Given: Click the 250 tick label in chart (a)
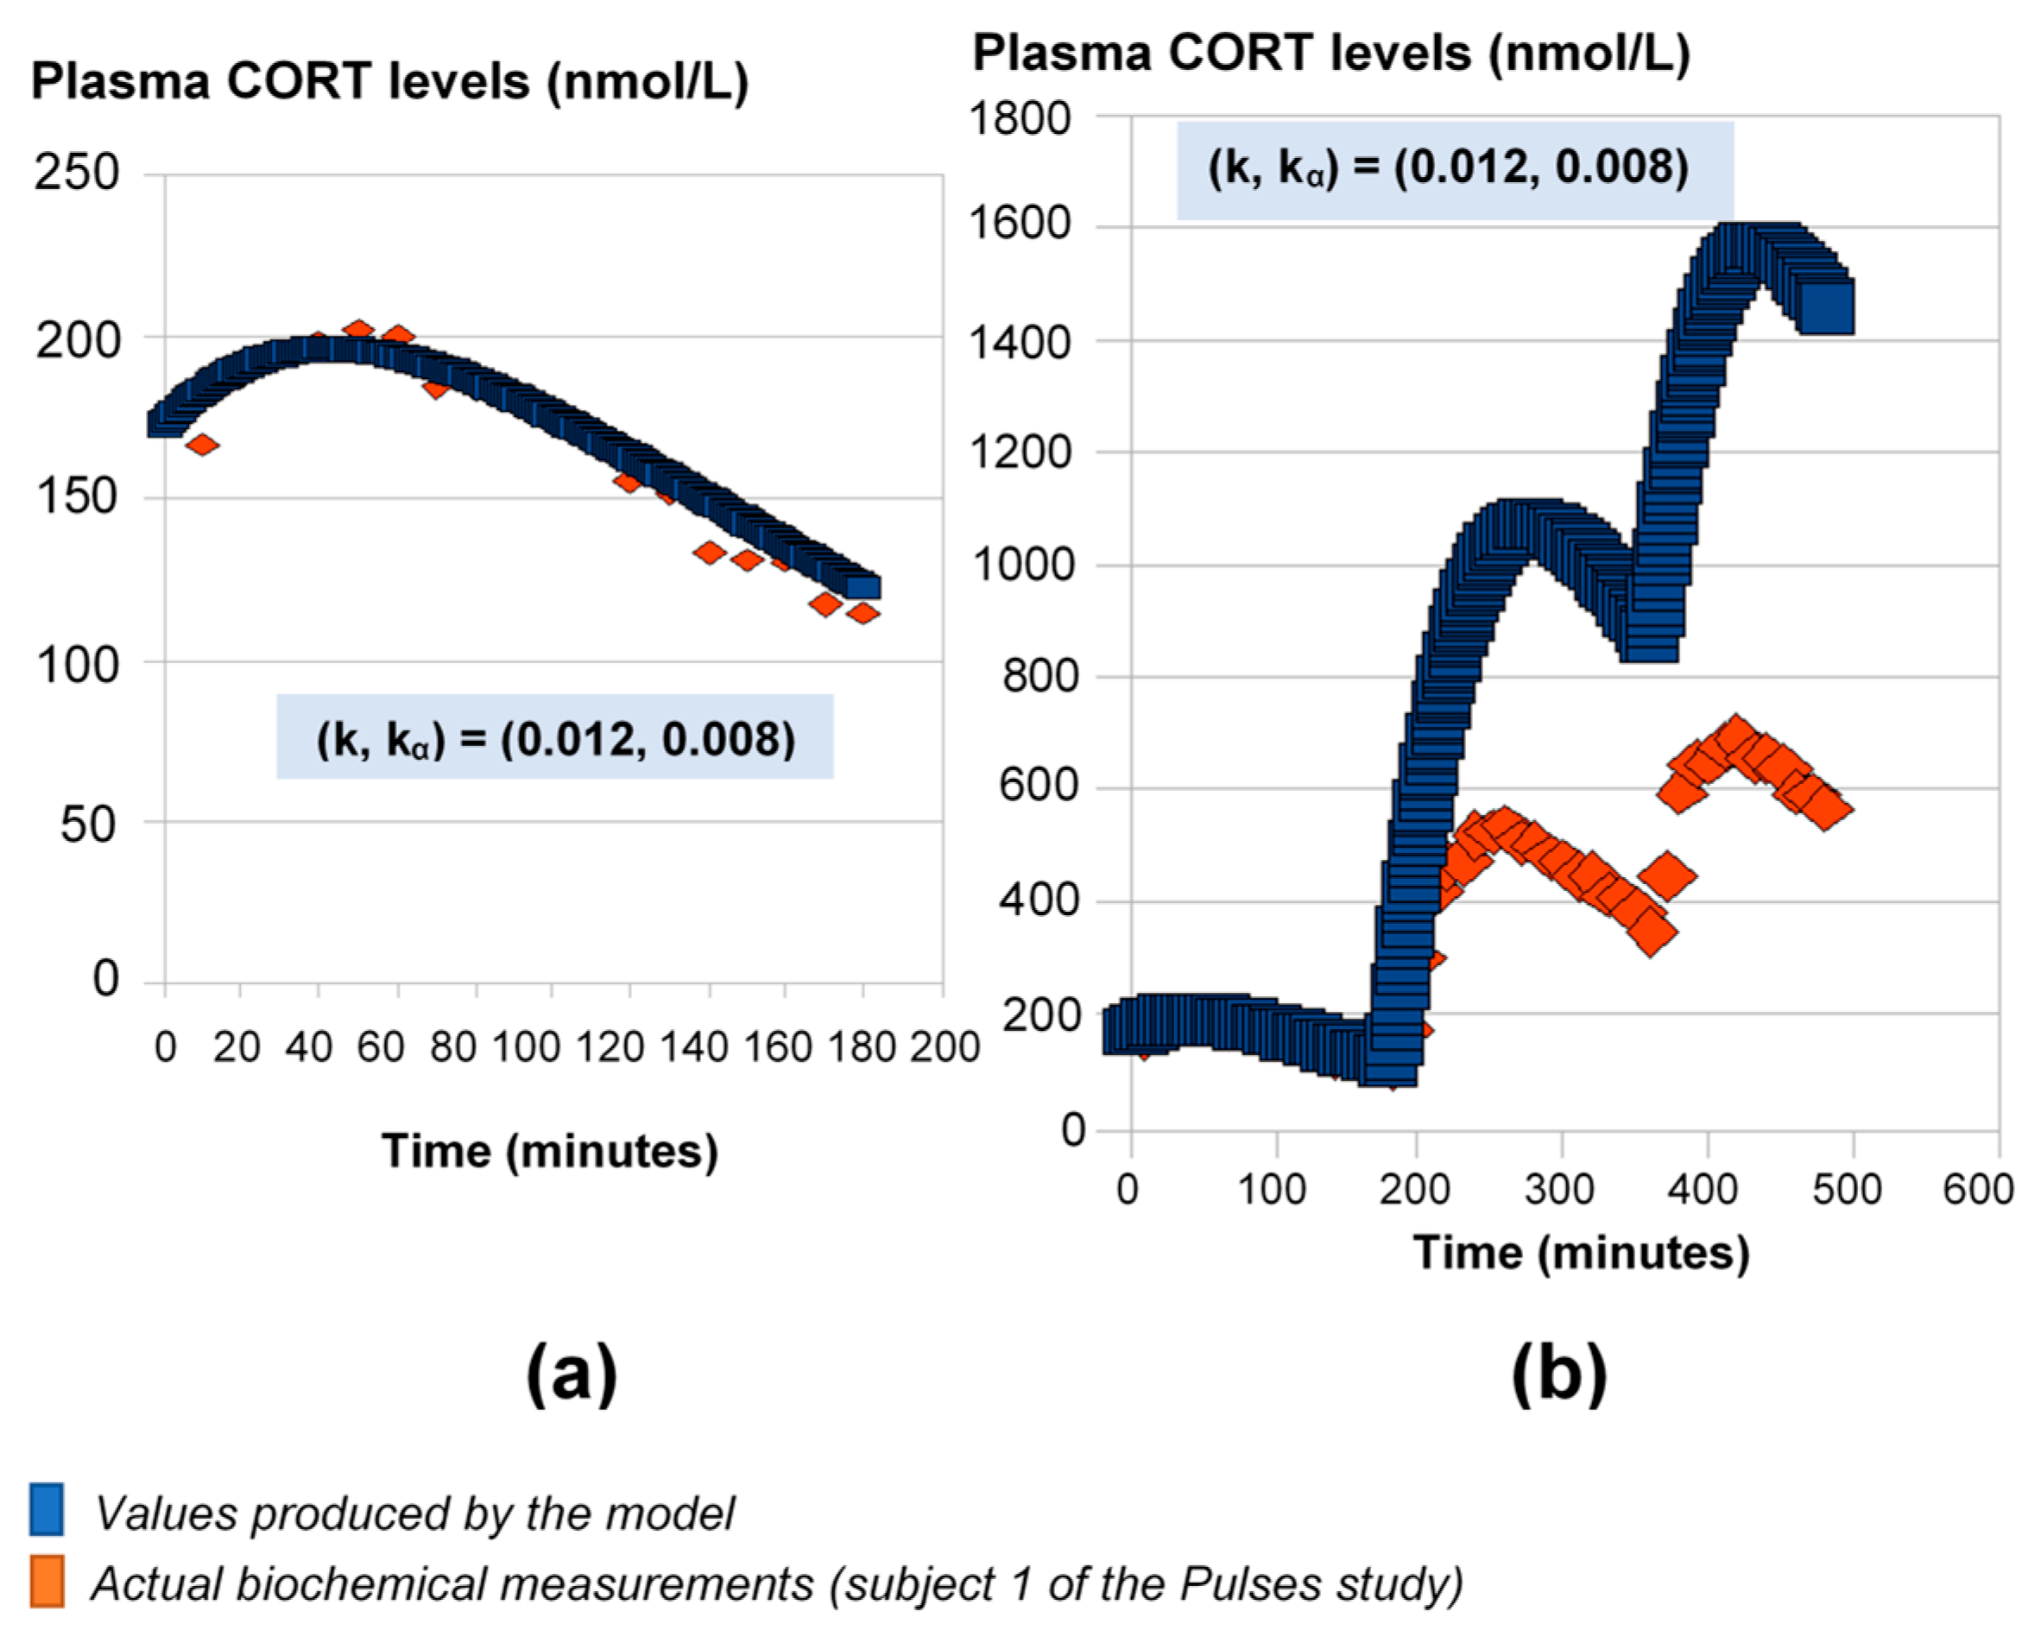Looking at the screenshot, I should tap(77, 174).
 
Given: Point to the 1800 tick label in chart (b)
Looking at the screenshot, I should tap(1020, 119).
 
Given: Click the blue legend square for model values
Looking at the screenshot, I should tap(47, 1508).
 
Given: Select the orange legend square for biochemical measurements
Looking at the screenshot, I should tap(47, 1582).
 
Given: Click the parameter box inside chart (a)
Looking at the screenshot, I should tap(554, 737).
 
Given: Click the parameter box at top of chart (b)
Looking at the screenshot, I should tap(1455, 169).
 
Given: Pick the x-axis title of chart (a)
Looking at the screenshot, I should tap(550, 1152).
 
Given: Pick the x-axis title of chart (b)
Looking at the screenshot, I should tap(1581, 1253).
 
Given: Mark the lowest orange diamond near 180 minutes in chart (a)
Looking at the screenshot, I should tap(863, 613).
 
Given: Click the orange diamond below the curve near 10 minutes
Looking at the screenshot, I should tap(203, 445).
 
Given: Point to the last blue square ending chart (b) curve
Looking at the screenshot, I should tap(1827, 306).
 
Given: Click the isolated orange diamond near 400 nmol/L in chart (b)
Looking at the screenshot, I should tap(1665, 875).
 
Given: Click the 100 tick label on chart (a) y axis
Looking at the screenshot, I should tap(78, 666).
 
